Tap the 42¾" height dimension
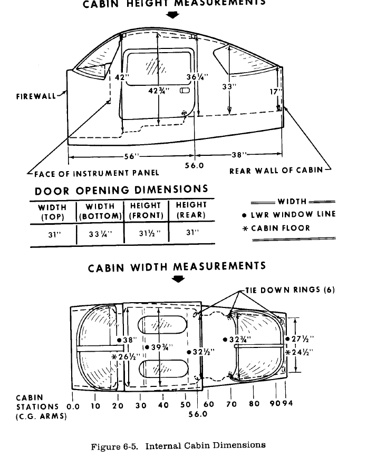pyautogui.click(x=159, y=90)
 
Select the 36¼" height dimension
pyautogui.click(x=197, y=77)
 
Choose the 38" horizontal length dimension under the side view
pyautogui.click(x=239, y=155)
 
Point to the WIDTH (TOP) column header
pyautogui.click(x=53, y=211)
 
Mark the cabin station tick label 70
pyautogui.click(x=232, y=405)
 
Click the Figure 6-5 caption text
pyautogui.click(x=178, y=445)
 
